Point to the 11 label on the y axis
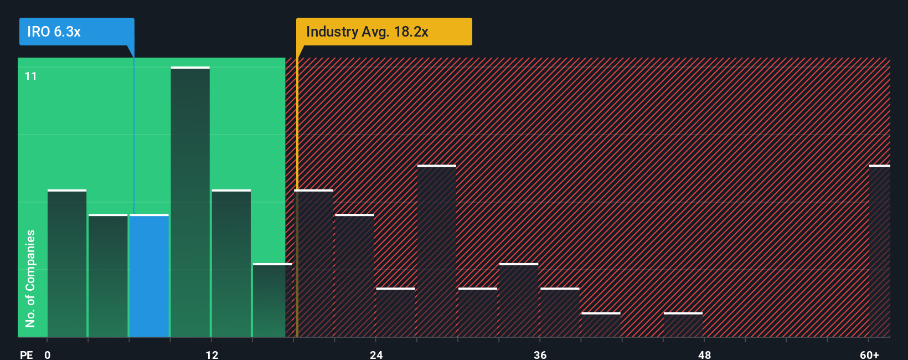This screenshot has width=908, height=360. pyautogui.click(x=30, y=76)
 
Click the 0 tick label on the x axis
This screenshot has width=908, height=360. pyautogui.click(x=48, y=354)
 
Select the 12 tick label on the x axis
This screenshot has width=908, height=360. pyautogui.click(x=211, y=354)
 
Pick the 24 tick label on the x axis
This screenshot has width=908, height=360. pyautogui.click(x=376, y=354)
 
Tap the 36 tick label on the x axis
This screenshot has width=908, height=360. pyautogui.click(x=540, y=354)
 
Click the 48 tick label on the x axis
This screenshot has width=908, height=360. pyautogui.click(x=704, y=354)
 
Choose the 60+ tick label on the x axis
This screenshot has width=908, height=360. pyautogui.click(x=869, y=354)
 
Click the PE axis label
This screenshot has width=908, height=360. pyautogui.click(x=26, y=354)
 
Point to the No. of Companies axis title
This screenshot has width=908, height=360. pyautogui.click(x=30, y=278)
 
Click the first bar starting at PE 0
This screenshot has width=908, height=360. pyautogui.click(x=67, y=263)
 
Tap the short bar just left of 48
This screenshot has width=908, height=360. pyautogui.click(x=683, y=325)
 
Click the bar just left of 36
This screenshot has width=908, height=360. pyautogui.click(x=518, y=300)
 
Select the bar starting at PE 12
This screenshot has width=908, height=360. pyautogui.click(x=231, y=263)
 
